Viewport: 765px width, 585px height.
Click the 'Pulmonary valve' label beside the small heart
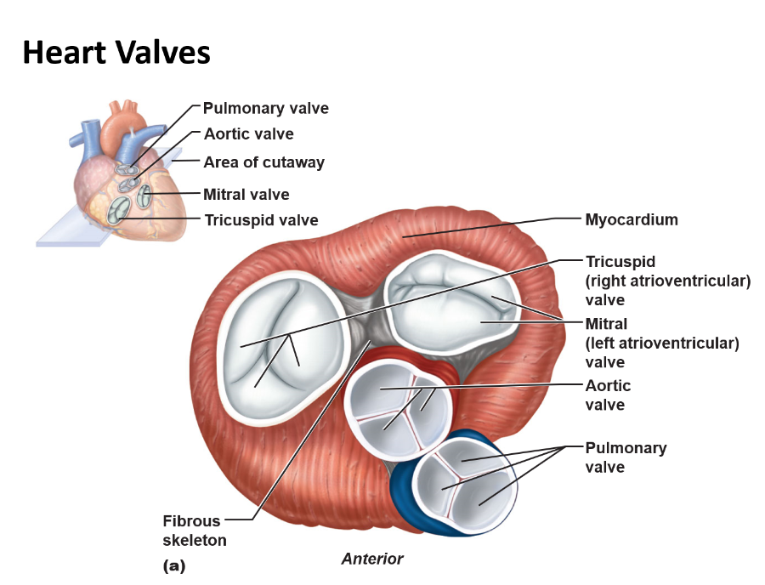click(x=265, y=109)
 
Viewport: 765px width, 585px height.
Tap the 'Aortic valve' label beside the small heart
click(x=248, y=134)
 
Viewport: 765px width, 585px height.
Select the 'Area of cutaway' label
click(x=263, y=162)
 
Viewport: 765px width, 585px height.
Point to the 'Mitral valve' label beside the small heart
click(x=246, y=195)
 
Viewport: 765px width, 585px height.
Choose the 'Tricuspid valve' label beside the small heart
click(x=261, y=220)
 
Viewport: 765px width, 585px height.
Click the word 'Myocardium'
click(x=631, y=219)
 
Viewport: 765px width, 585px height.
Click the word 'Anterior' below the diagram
click(x=371, y=559)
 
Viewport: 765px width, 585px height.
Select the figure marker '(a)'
click(x=173, y=565)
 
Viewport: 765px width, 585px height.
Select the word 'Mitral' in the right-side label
click(x=606, y=324)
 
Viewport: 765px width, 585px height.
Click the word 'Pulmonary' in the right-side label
click(x=626, y=448)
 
